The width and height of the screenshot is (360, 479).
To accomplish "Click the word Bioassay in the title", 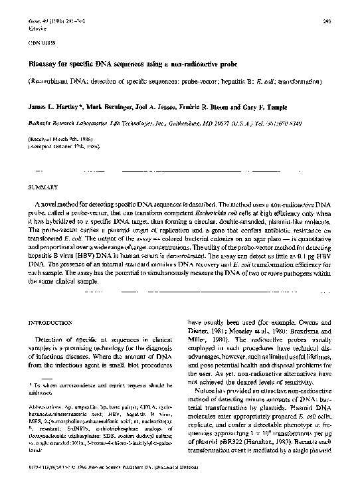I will click(x=46, y=63).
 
